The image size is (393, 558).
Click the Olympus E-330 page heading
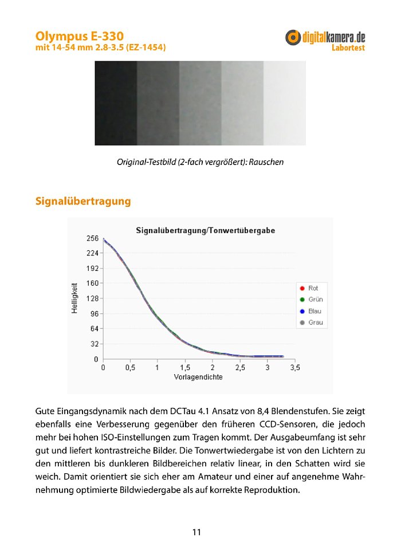point(79,36)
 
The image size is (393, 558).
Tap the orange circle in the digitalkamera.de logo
point(293,38)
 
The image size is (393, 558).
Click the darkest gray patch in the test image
point(116,103)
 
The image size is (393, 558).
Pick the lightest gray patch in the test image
point(284,103)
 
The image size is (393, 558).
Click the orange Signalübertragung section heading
point(83,202)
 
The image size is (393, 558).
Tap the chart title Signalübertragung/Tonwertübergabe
point(205,230)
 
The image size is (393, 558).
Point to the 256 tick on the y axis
point(93,238)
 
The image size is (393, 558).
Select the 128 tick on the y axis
point(93,298)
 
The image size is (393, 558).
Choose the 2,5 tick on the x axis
point(240,367)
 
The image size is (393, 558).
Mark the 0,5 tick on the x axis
point(130,367)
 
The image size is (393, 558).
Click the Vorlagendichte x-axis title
point(198,377)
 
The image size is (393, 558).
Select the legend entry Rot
point(313,288)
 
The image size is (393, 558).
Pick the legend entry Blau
point(315,311)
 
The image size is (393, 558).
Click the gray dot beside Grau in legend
point(301,323)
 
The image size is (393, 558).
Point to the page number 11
point(196,532)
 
